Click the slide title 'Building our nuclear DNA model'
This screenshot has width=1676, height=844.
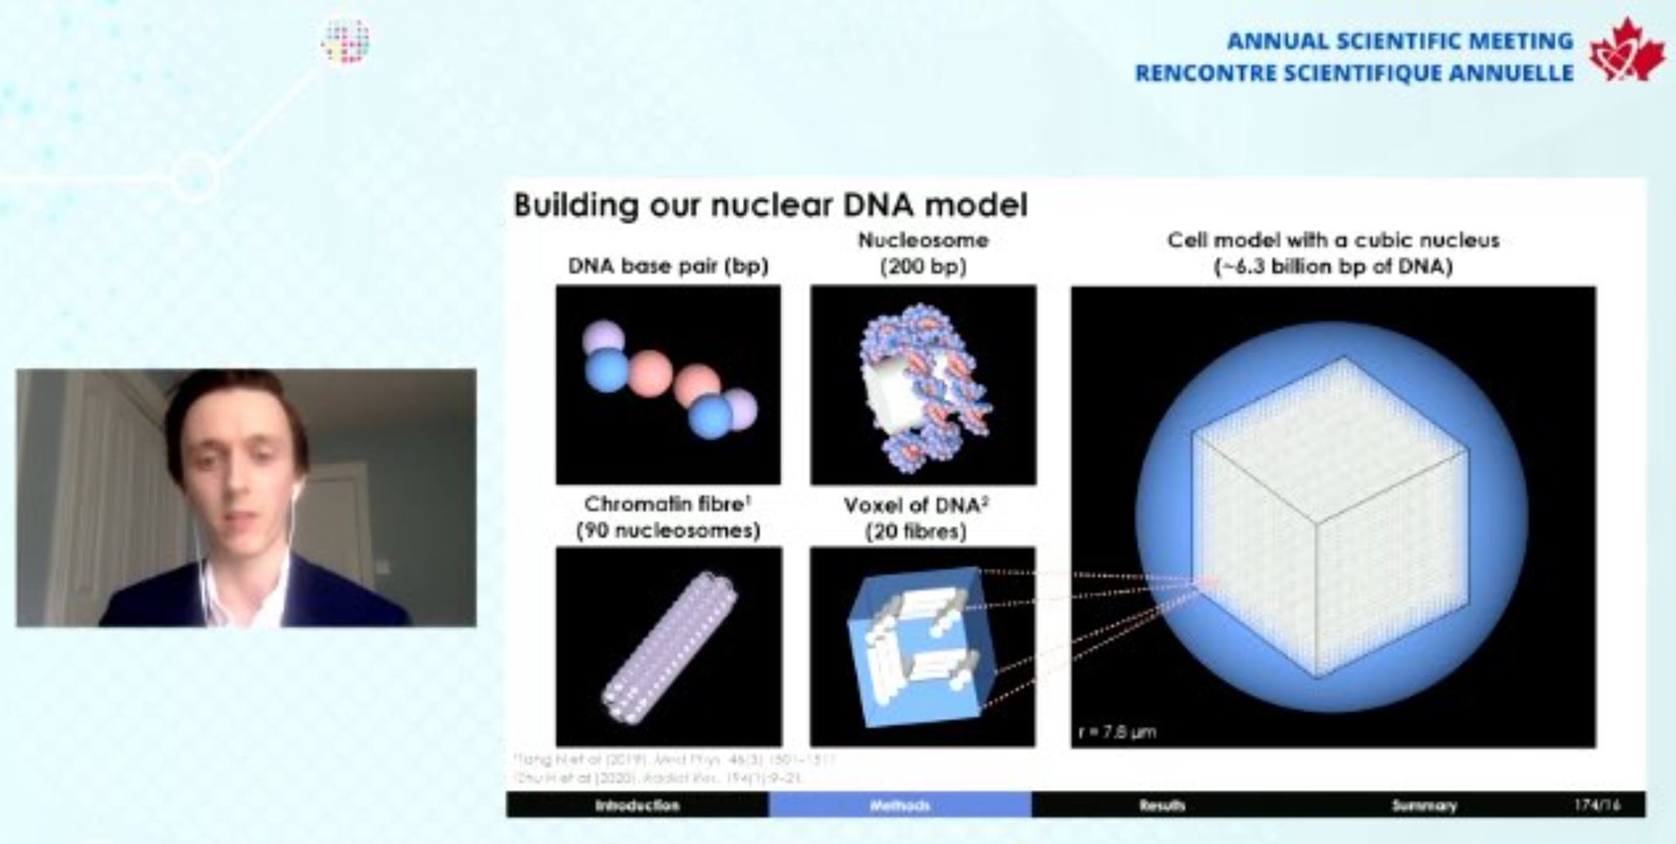click(770, 204)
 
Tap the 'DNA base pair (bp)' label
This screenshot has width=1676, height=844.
click(668, 267)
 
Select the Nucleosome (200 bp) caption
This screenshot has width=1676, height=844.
click(923, 253)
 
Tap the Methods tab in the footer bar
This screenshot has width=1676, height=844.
click(899, 806)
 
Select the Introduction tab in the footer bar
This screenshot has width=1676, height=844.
click(637, 806)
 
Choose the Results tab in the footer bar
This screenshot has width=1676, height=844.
click(1161, 806)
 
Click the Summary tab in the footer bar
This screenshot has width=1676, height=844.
click(1424, 806)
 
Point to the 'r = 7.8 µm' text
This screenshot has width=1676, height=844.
click(1117, 731)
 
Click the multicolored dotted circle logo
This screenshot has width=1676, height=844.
click(346, 41)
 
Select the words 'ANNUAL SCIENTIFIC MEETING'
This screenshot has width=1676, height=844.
click(1399, 41)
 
